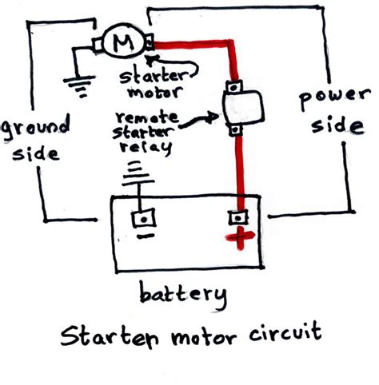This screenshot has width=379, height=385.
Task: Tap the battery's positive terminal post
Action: pos(237,216)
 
